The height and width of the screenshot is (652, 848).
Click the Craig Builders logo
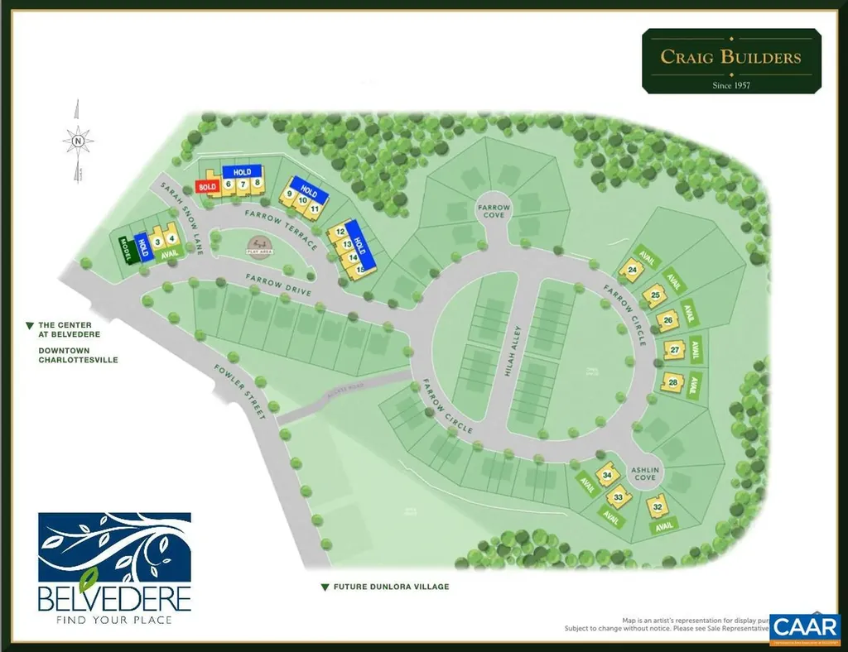point(731,61)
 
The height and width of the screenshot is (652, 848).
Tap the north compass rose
point(78,141)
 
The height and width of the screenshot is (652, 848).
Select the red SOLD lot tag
point(206,187)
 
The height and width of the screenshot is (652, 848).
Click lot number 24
point(633,270)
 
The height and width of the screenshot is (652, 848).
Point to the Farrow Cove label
point(494,210)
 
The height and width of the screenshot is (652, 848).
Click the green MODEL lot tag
point(127,249)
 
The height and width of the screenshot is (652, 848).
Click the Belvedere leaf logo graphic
point(115,549)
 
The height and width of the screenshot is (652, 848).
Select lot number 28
point(672,382)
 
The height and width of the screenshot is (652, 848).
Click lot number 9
point(290,194)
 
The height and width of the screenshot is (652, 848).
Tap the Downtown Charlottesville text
point(78,355)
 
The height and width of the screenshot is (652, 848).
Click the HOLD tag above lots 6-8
point(242,172)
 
